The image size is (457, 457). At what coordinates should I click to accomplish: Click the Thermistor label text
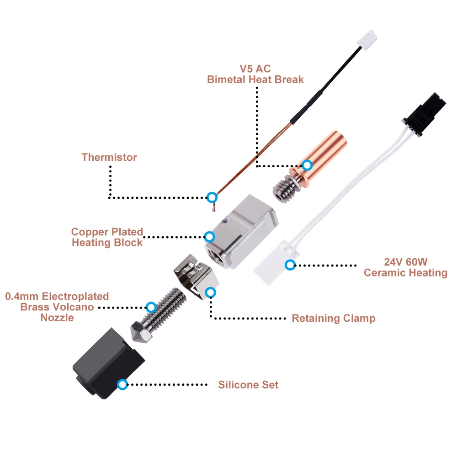(109, 157)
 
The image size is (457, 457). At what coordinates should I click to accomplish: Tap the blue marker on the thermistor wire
(212, 197)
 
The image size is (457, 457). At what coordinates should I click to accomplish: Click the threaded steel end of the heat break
(283, 187)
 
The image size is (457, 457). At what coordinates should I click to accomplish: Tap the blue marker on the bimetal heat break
(308, 165)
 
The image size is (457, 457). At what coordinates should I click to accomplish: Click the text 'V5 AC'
(255, 69)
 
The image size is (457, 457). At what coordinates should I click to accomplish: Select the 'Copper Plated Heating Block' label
(107, 237)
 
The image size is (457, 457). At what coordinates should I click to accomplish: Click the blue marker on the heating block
(209, 237)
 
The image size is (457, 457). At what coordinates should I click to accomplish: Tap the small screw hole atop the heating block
(224, 220)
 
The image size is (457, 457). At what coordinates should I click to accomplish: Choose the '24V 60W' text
(405, 262)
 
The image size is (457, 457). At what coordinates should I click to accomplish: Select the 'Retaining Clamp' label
(334, 318)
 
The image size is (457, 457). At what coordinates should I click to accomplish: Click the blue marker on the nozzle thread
(150, 307)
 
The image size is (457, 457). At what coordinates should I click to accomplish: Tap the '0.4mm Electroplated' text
(57, 297)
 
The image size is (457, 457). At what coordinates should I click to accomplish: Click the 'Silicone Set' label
(248, 385)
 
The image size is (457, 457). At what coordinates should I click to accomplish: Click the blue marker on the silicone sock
(122, 384)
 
